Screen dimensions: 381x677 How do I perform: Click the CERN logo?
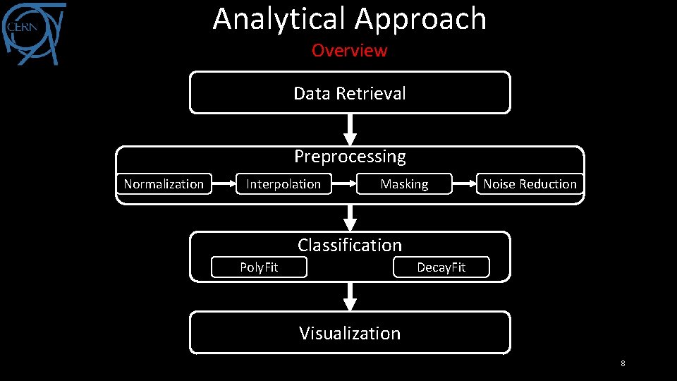coord(34,33)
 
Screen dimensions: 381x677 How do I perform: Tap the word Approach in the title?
coord(421,19)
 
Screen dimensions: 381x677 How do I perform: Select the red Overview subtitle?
coord(350,51)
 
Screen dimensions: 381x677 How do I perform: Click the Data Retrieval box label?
coord(350,93)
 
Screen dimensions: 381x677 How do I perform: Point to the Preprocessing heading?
coord(350,156)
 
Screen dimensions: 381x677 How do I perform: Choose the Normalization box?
coord(164,184)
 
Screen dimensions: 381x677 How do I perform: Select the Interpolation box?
coord(283,184)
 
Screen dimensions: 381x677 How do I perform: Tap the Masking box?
coord(404,184)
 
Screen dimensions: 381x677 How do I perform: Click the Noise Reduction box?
coord(530,184)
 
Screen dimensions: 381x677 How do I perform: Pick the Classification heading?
coord(350,245)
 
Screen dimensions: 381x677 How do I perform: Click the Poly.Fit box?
coord(259,267)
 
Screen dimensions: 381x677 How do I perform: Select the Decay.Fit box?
coord(441,267)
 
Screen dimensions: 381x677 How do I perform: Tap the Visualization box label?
coord(350,333)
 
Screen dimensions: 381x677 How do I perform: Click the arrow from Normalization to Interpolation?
coord(224,184)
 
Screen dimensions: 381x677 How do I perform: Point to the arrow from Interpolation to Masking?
coord(343,184)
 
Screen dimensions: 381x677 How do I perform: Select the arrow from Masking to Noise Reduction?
coord(463,184)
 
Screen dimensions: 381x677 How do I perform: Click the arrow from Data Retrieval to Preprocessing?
coord(350,130)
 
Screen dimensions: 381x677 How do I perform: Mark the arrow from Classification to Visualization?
coord(350,296)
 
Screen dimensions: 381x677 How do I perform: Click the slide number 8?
coord(623,363)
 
